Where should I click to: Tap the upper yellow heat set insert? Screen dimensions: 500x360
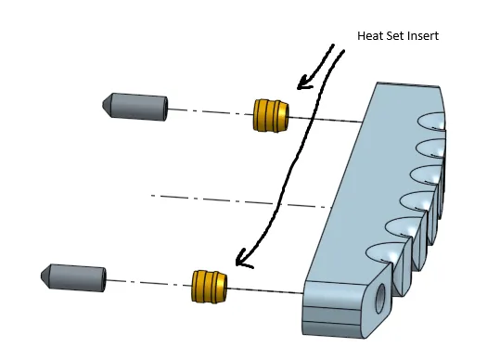pyautogui.click(x=271, y=115)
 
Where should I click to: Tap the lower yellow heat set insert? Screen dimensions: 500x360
pyautogui.click(x=210, y=287)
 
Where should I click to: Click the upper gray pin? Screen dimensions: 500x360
pyautogui.click(x=135, y=107)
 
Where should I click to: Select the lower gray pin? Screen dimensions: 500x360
pyautogui.click(x=73, y=277)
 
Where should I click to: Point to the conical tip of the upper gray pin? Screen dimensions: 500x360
pyautogui.click(x=108, y=105)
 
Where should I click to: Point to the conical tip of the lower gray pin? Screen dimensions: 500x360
pyautogui.click(x=45, y=276)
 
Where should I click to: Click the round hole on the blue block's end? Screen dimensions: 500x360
pyautogui.click(x=380, y=299)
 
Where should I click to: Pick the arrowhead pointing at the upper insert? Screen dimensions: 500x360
pyautogui.click(x=304, y=83)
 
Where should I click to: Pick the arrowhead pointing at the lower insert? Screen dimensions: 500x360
pyautogui.click(x=243, y=259)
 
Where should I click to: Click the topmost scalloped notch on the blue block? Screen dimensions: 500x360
pyautogui.click(x=432, y=122)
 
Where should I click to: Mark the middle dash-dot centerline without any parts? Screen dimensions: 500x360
pyautogui.click(x=238, y=201)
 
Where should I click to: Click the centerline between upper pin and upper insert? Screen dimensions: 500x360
pyautogui.click(x=211, y=112)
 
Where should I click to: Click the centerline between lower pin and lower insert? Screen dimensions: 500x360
pyautogui.click(x=149, y=283)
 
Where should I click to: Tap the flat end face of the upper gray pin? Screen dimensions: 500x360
pyautogui.click(x=165, y=109)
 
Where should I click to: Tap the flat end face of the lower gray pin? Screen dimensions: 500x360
pyautogui.click(x=104, y=279)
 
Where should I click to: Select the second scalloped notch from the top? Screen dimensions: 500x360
pyautogui.click(x=430, y=148)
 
